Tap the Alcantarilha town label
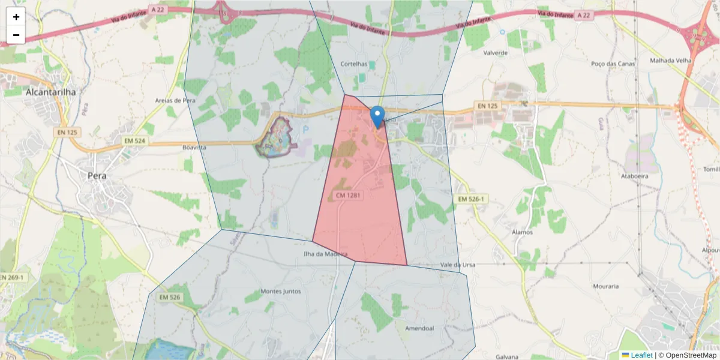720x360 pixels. click(50, 92)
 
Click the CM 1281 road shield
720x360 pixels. click(349, 195)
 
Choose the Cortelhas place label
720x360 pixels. click(353, 64)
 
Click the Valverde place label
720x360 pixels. click(496, 53)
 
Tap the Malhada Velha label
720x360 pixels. click(670, 61)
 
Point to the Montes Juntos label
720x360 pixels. click(281, 292)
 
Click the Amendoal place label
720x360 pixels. click(419, 328)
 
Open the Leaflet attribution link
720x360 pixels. click(641, 355)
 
